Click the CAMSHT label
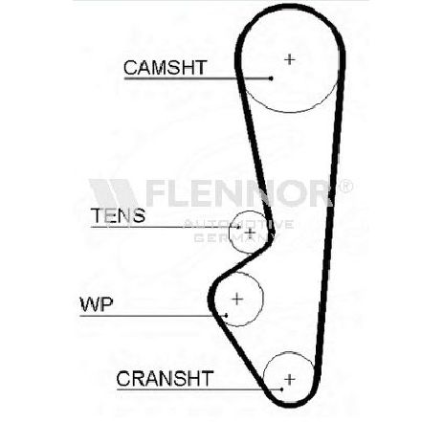pyautogui.click(x=166, y=67)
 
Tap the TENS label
pyautogui.click(x=119, y=215)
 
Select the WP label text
pyautogui.click(x=97, y=304)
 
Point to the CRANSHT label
pyautogui.click(x=165, y=378)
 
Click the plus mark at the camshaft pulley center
pyautogui.click(x=290, y=59)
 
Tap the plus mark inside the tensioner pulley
pyautogui.click(x=250, y=233)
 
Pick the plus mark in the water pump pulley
pyautogui.click(x=237, y=299)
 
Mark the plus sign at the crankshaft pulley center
pyautogui.click(x=290, y=379)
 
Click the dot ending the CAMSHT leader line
pyautogui.click(x=271, y=78)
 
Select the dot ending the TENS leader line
pyautogui.click(x=238, y=227)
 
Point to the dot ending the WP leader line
pyautogui.click(x=226, y=316)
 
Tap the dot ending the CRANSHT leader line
pyautogui.click(x=281, y=389)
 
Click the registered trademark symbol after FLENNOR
pyautogui.click(x=345, y=186)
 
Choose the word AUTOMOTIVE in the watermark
pyautogui.click(x=238, y=224)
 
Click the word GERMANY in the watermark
pyautogui.click(x=235, y=237)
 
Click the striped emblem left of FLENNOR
pyautogui.click(x=115, y=193)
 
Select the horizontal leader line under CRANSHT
pyautogui.click(x=199, y=389)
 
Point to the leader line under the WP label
pyautogui.click(x=153, y=316)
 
